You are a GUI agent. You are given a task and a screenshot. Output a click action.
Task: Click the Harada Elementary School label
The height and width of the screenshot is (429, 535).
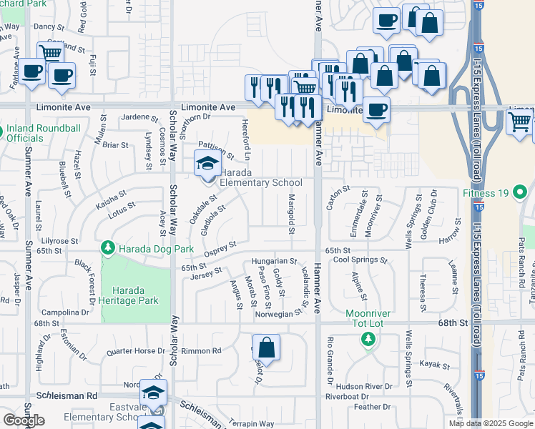260,178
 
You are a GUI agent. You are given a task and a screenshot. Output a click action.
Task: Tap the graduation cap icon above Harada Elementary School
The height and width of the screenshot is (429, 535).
208,164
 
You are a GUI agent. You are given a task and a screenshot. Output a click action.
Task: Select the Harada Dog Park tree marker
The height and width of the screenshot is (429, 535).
107,248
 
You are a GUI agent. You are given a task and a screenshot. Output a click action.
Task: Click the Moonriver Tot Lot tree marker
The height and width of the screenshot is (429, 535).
368,339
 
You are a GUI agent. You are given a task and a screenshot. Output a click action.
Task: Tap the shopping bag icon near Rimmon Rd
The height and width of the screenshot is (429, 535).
266,348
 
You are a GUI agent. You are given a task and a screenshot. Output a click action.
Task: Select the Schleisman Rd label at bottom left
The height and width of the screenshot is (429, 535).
67,395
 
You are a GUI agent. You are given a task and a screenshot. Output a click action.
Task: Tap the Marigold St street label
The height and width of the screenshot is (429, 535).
292,213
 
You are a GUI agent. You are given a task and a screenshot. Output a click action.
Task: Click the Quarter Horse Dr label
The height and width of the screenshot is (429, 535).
134,352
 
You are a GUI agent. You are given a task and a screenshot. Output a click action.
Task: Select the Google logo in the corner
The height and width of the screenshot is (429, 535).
24,420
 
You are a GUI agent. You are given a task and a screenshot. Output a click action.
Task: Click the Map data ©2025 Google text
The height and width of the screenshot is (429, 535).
491,423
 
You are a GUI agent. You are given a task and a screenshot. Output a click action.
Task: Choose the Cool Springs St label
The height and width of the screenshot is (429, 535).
361,260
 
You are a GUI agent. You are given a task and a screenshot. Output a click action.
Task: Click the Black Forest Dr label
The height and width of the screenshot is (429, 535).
87,280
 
